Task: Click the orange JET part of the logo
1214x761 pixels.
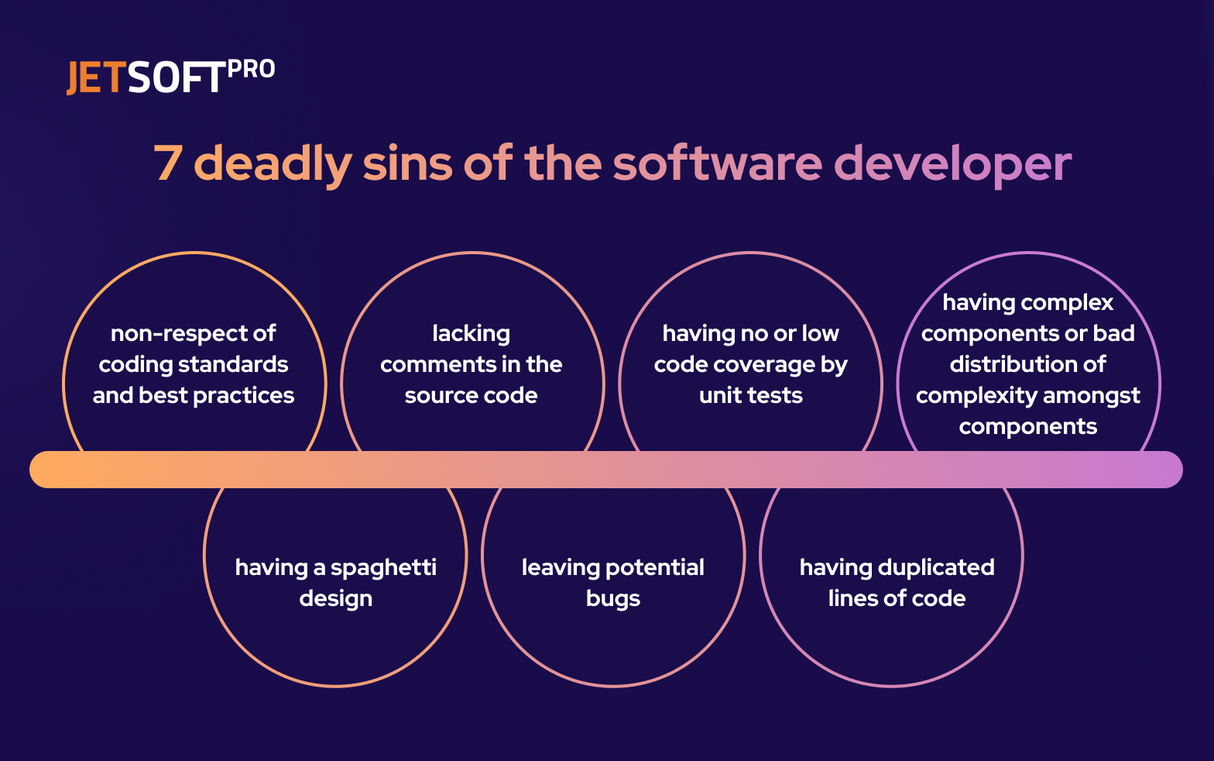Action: pyautogui.click(x=96, y=77)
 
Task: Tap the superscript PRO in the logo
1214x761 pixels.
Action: pyautogui.click(x=251, y=70)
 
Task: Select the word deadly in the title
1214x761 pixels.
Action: pyautogui.click(x=273, y=165)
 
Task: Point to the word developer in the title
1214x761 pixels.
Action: pyautogui.click(x=955, y=165)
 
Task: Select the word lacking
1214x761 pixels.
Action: pyautogui.click(x=472, y=334)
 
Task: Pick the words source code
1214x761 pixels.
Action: pyautogui.click(x=471, y=396)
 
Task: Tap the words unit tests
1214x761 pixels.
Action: pyautogui.click(x=751, y=396)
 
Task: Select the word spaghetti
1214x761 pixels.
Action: pyautogui.click(x=384, y=569)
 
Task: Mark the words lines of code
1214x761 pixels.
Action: pyautogui.click(x=897, y=599)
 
